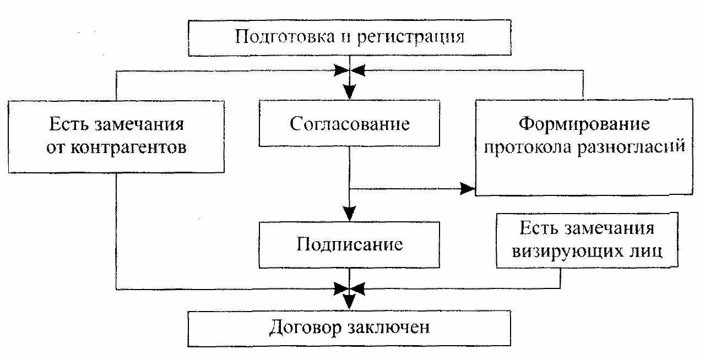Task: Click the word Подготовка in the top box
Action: (285, 36)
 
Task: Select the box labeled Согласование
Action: (349, 123)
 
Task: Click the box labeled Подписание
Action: (349, 245)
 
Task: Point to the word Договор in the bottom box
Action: (305, 328)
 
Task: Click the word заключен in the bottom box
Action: (389, 328)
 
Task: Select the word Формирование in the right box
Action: (584, 124)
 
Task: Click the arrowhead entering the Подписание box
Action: (349, 214)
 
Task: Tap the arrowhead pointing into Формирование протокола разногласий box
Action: (468, 189)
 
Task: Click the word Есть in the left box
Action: (69, 124)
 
